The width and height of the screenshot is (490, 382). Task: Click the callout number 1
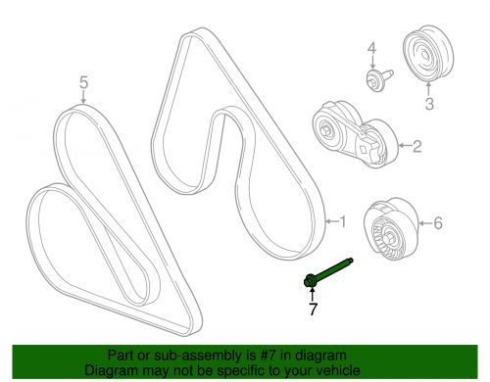tap(342, 221)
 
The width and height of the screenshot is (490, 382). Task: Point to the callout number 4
tap(371, 48)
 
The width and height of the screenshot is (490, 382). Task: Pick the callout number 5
tap(83, 83)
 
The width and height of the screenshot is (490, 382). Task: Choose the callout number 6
tap(437, 223)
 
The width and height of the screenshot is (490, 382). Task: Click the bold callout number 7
tap(314, 310)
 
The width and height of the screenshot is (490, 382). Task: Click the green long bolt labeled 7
tap(330, 275)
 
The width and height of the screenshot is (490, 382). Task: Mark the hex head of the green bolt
tap(310, 281)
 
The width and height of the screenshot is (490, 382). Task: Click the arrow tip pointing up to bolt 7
tap(313, 291)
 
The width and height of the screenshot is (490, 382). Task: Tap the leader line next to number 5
tap(83, 100)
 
